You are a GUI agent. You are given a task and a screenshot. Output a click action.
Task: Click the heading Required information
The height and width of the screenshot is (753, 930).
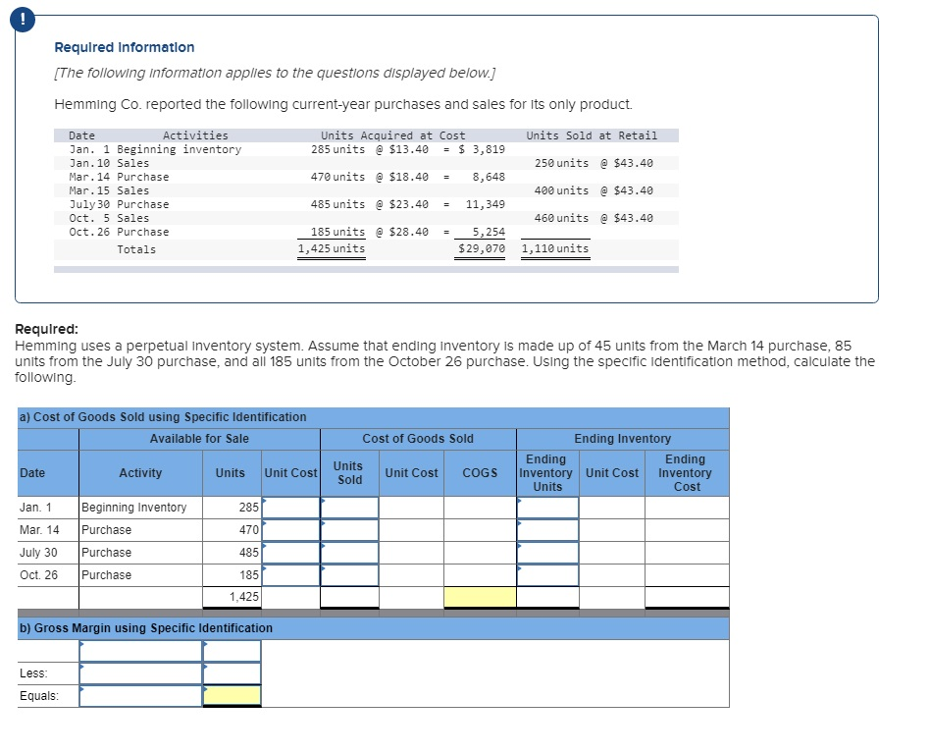124,47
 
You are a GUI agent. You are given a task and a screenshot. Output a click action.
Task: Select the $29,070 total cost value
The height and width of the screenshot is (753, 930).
481,249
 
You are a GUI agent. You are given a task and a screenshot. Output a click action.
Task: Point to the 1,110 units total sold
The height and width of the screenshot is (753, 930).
555,249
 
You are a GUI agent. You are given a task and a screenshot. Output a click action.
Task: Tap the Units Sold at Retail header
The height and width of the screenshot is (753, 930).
592,135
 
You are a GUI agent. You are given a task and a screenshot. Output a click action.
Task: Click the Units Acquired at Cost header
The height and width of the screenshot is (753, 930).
392,135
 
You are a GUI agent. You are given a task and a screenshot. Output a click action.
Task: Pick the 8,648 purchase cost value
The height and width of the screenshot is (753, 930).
488,177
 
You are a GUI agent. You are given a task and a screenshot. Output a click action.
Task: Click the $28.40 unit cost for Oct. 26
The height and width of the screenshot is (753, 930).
409,232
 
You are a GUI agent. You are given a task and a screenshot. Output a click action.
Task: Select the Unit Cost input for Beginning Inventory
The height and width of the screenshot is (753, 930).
291,508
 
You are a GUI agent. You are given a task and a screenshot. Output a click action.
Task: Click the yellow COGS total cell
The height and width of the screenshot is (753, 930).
480,596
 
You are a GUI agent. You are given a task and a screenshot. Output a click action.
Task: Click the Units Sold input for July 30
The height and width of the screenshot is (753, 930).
349,553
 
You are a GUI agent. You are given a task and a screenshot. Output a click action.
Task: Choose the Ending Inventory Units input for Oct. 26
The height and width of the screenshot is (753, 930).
547,575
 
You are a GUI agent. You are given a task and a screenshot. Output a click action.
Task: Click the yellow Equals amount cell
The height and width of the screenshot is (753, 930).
232,696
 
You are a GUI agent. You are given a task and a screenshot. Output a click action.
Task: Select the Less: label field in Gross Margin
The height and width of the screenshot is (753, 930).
140,673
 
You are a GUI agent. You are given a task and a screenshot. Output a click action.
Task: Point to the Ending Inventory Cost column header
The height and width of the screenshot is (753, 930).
686,473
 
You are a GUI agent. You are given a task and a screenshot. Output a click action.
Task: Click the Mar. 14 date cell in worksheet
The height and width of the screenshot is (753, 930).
39,530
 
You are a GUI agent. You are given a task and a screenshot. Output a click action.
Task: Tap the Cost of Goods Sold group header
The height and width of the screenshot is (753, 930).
417,439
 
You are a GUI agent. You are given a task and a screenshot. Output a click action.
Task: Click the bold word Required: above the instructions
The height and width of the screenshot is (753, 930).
47,330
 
